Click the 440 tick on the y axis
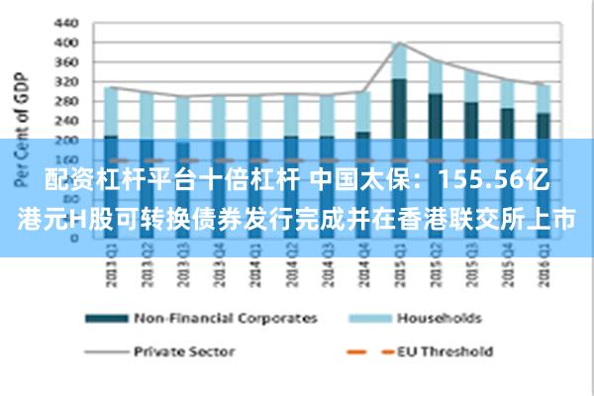[65, 22]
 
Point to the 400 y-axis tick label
[65, 43]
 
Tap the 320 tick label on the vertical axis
[65, 81]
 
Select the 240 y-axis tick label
[65, 121]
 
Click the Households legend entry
[439, 318]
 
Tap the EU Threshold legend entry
[445, 350]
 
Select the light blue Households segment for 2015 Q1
[399, 61]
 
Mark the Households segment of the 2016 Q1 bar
[544, 99]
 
